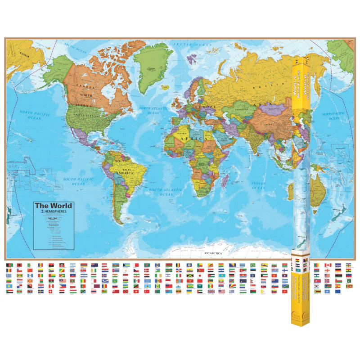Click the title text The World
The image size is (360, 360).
(53, 206)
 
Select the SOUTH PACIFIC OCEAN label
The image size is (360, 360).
(74, 181)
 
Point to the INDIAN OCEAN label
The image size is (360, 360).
(258, 185)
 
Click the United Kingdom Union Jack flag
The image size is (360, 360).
(211, 292)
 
